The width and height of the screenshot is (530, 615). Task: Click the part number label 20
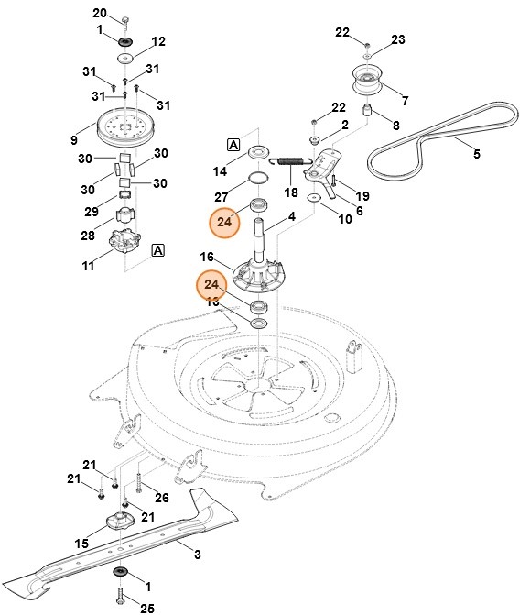coord(102,13)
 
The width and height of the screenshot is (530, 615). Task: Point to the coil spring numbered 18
coord(291,168)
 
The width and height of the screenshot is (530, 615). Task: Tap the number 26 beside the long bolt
coord(162,499)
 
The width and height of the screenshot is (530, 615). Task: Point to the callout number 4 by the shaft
coord(291,217)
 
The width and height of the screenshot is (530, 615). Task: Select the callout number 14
coord(219,170)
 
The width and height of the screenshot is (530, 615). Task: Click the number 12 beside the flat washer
coord(158,41)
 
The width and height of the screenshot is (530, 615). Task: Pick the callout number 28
coord(88,236)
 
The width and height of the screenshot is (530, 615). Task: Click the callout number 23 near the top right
coord(397,39)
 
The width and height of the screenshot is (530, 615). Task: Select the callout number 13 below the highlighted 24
coord(212,302)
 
